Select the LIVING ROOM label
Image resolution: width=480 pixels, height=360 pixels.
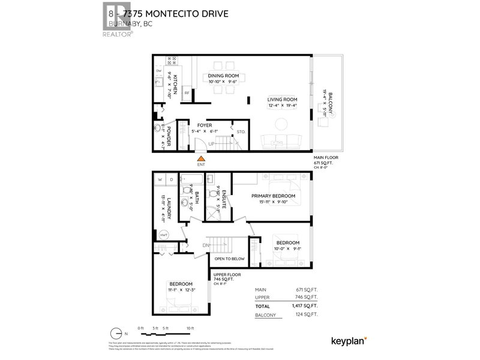[283, 99]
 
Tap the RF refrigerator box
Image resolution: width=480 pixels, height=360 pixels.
[187, 93]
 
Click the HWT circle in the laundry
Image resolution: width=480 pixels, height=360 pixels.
[163, 235]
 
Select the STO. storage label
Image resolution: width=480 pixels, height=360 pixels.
[241, 131]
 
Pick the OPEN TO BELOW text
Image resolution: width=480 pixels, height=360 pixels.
[230, 260]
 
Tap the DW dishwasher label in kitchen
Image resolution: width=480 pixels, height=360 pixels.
[158, 71]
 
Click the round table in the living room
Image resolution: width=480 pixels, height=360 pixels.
[281, 124]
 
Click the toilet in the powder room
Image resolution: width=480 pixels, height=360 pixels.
[159, 128]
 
